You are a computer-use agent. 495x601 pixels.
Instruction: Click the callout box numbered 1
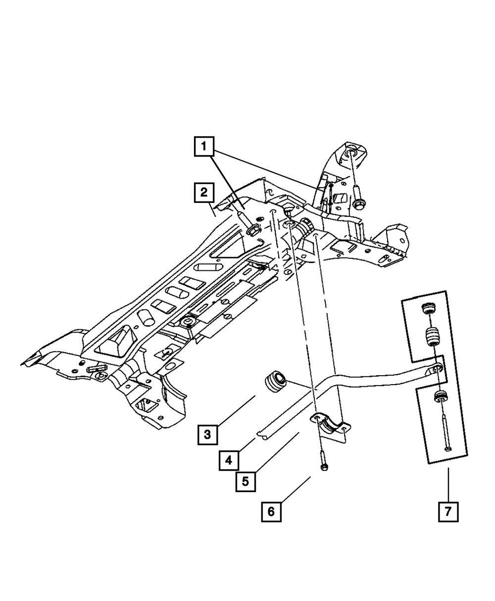[x=204, y=147]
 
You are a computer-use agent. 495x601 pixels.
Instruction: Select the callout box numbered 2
[x=204, y=193]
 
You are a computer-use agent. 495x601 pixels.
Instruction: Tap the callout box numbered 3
[x=207, y=435]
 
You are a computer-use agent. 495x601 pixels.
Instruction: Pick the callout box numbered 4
[x=228, y=460]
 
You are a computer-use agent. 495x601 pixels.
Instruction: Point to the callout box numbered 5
[x=246, y=480]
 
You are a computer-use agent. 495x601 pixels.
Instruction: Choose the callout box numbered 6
[x=271, y=511]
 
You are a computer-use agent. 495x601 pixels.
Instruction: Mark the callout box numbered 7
[x=448, y=511]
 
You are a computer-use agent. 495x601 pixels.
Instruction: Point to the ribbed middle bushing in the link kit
[x=432, y=338]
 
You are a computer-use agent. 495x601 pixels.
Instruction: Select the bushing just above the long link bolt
[x=440, y=397]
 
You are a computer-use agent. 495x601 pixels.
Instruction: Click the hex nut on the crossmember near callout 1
[x=253, y=229]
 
